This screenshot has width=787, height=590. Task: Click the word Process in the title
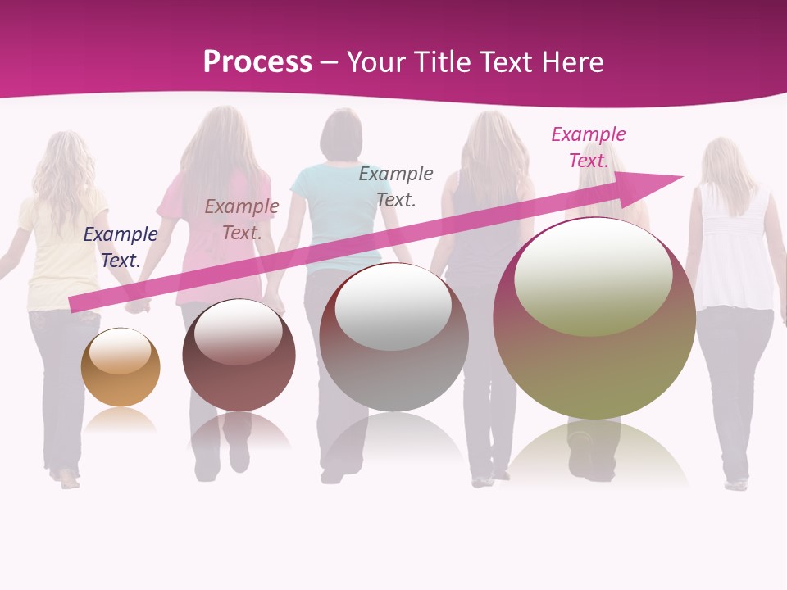click(x=257, y=62)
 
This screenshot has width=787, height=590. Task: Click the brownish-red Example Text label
click(x=242, y=220)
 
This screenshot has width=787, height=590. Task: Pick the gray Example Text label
click(x=396, y=186)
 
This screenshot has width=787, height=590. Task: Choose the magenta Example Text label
click(x=589, y=147)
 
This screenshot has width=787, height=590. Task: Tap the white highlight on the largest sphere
click(x=593, y=276)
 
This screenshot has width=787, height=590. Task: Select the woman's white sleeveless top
click(x=734, y=246)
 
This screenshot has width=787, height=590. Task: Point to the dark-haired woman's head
click(x=340, y=135)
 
